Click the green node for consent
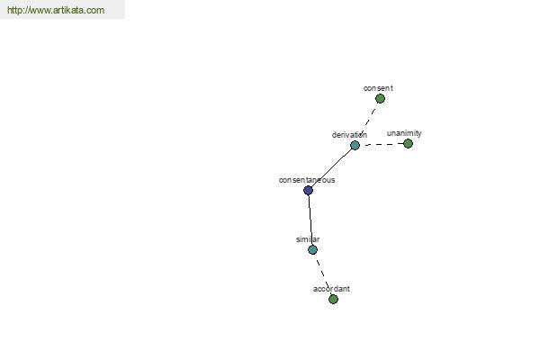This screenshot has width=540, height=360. pos(380,99)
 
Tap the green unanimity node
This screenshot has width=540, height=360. pos(408,144)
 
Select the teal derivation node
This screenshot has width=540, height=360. pos(355,146)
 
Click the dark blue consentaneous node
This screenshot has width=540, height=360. pos(308,190)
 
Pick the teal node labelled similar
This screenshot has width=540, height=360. pos(312,250)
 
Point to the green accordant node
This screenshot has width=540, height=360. pos(333,299)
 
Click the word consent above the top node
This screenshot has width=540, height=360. pos(378,88)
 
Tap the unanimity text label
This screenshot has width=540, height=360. pos(404,133)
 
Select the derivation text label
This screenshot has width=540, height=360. pos(349,135)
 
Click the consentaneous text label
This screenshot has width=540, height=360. pos(307,180)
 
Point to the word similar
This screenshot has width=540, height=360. pos(308,239)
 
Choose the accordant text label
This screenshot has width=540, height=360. pos(331,289)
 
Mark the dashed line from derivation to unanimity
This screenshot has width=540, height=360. pos(382,144)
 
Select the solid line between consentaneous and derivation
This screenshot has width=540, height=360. pos(331,167)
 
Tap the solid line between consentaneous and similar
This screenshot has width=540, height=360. pos(310,220)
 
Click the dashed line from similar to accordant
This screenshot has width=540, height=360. pos(323,274)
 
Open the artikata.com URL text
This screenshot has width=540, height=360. pos(56,10)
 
